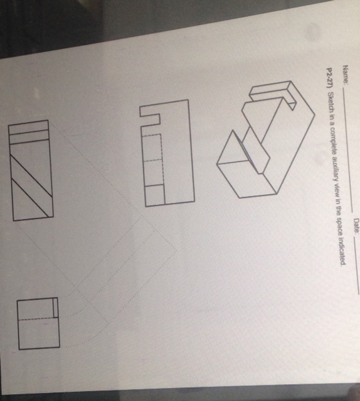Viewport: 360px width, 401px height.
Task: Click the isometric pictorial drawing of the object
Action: pyautogui.click(x=263, y=144)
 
